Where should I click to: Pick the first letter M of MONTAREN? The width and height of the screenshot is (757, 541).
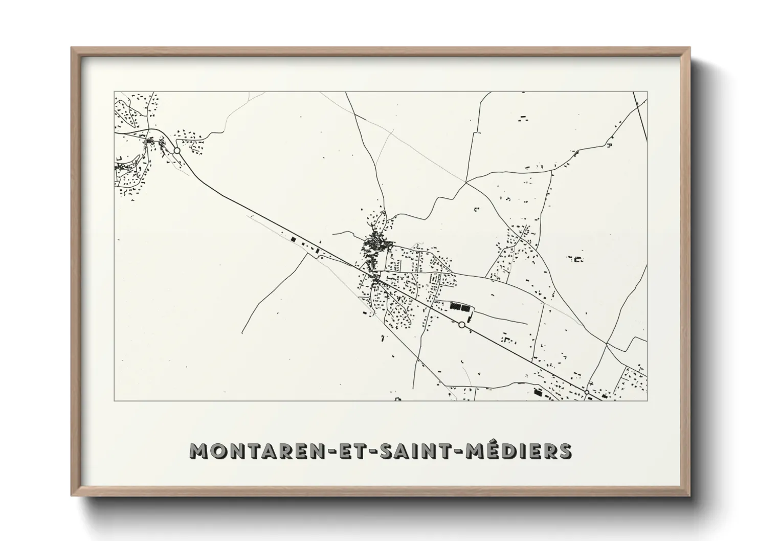[198, 451]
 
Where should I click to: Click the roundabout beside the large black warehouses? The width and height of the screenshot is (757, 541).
[462, 325]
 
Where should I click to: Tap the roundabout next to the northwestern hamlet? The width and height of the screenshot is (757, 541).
[176, 151]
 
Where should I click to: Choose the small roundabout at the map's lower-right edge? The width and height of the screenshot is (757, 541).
[587, 392]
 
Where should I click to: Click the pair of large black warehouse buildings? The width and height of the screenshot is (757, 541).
[459, 307]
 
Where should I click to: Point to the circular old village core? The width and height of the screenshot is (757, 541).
[373, 243]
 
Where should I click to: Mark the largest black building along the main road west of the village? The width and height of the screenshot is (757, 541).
[293, 238]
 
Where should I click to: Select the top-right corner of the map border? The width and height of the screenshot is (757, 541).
[647, 92]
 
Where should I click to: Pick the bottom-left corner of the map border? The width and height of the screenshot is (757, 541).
[114, 400]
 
